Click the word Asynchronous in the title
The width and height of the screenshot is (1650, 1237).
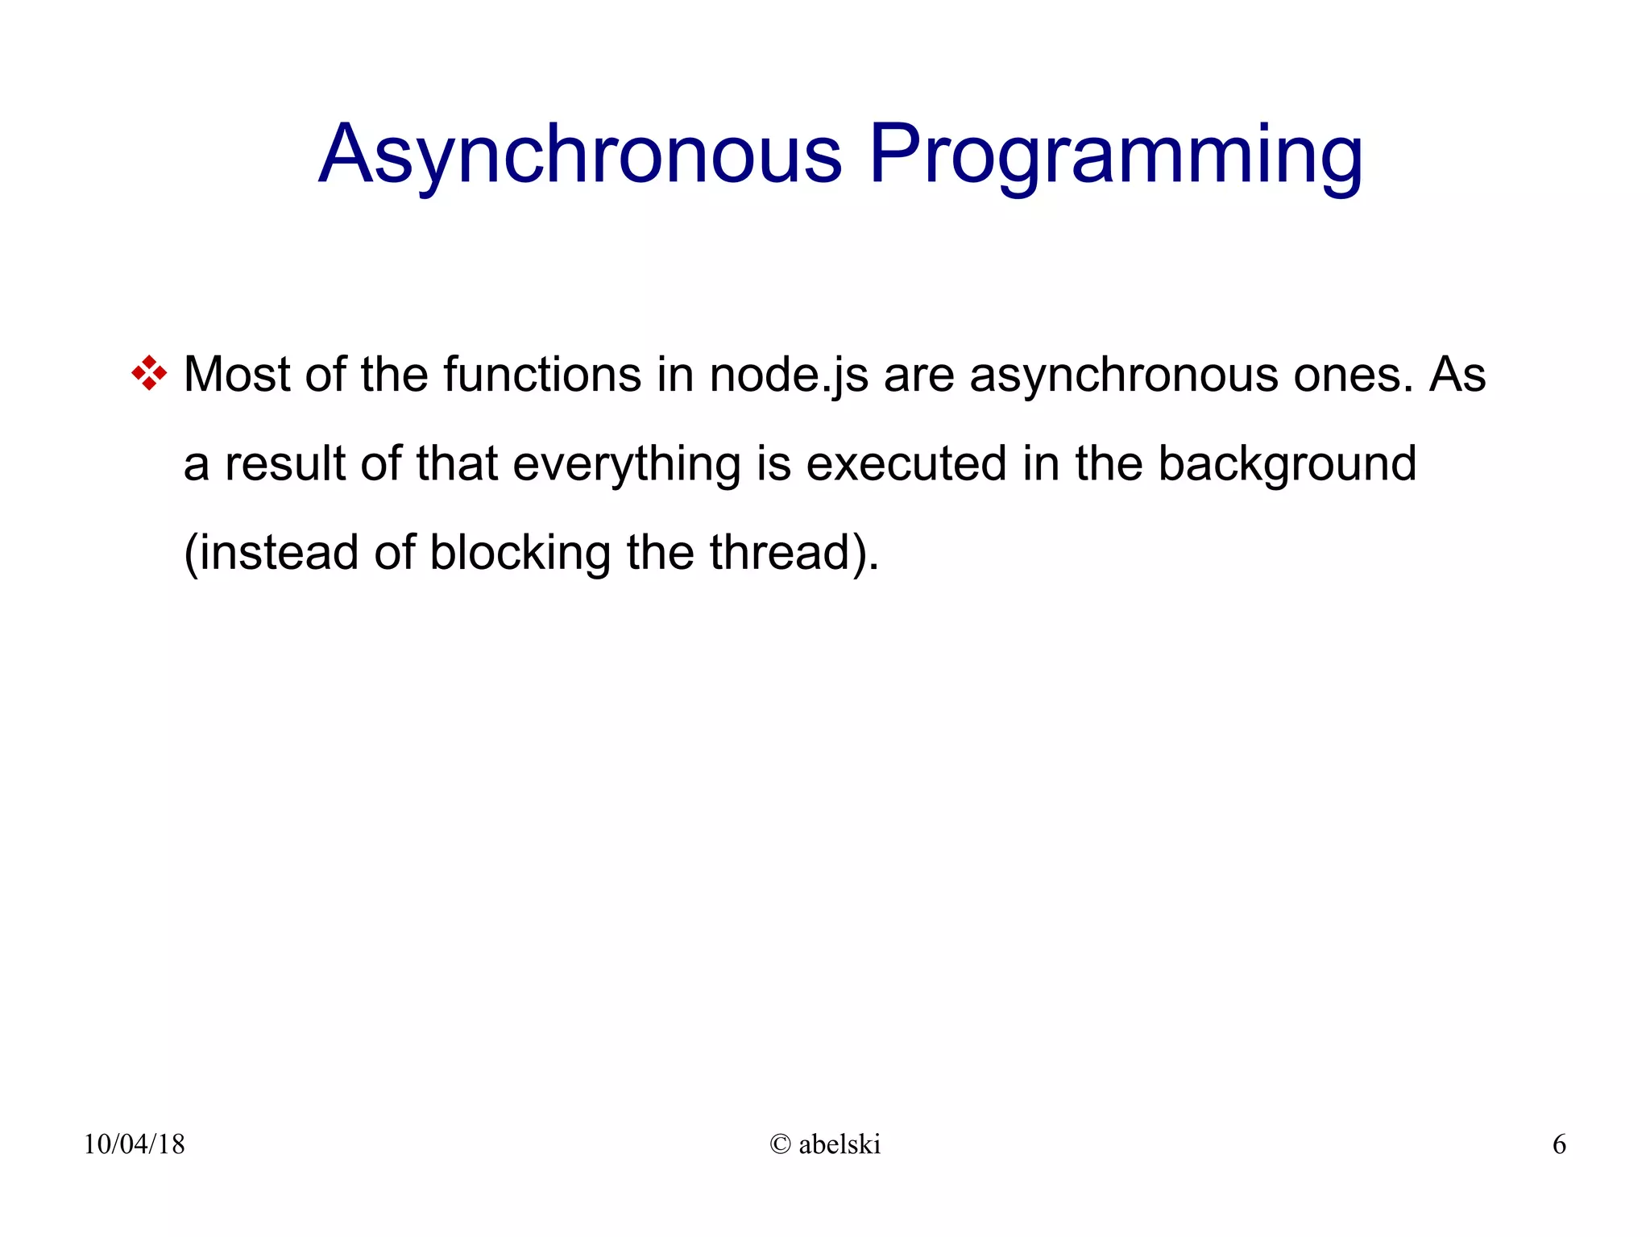coord(580,155)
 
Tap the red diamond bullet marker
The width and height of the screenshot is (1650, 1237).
coord(149,374)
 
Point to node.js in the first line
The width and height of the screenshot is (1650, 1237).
coord(788,375)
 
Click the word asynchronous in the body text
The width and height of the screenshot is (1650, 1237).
coord(1123,375)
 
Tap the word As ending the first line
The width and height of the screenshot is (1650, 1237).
coord(1457,375)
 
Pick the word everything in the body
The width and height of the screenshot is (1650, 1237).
coord(626,464)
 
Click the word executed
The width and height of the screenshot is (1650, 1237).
coord(906,464)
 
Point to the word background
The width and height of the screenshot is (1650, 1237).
coord(1287,464)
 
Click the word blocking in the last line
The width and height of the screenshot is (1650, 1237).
coord(520,553)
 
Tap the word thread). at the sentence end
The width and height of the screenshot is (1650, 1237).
coord(794,553)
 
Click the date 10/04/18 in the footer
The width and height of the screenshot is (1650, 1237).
coord(134,1144)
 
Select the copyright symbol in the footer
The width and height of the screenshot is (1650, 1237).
coord(780,1144)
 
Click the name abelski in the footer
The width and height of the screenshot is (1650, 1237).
coord(840,1144)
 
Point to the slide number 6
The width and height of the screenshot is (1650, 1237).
coord(1559,1144)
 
